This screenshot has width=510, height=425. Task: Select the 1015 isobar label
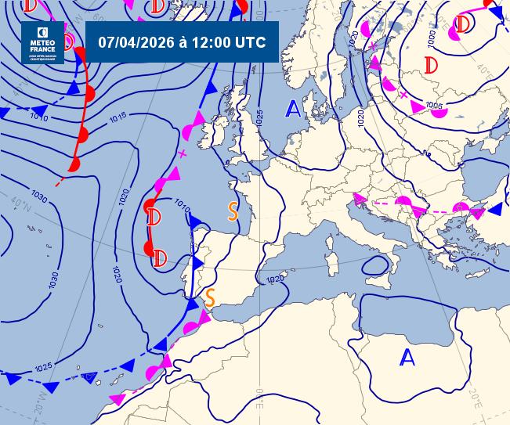118,117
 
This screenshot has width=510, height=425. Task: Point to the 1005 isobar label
434,105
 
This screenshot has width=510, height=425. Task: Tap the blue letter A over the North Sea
293,109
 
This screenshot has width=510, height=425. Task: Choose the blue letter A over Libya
407,358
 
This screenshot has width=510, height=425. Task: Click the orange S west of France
233,211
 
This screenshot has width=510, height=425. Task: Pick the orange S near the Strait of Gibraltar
209,296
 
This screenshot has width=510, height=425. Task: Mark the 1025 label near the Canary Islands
43,366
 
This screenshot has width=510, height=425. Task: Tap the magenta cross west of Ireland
183,153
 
